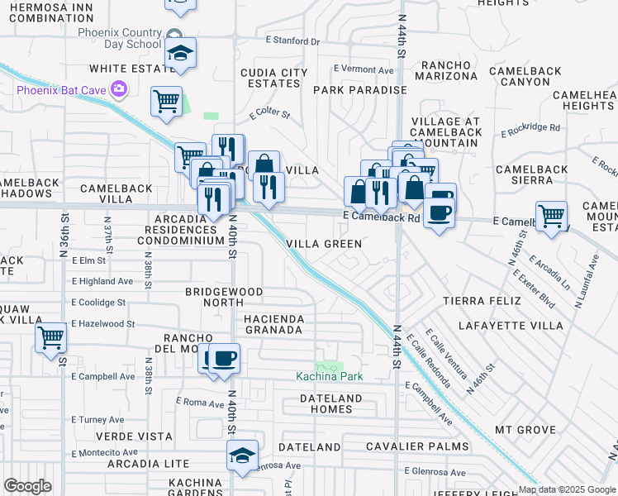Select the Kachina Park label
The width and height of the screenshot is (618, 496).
330,377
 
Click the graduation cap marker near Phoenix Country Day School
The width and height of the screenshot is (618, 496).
179,54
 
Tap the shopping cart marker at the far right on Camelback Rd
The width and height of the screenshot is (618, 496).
551,217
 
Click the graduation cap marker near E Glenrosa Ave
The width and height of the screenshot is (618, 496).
242,455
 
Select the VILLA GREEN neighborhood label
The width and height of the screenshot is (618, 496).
325,244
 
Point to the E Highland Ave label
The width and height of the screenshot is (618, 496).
102,281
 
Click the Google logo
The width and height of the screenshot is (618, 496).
27,486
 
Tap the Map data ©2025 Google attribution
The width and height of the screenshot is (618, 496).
566,489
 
